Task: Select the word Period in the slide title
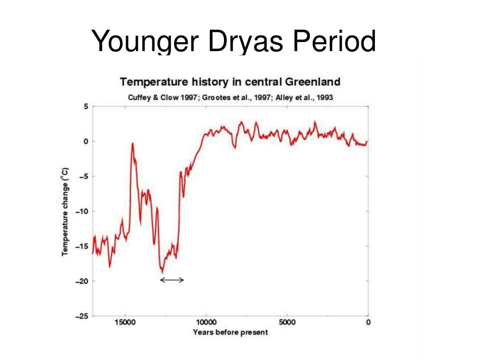point(334,41)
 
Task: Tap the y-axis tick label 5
point(86,106)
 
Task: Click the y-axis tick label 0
point(86,141)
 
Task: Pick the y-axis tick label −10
point(82,211)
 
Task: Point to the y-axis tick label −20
point(82,281)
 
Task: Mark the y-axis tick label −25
point(82,316)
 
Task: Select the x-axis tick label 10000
point(206,322)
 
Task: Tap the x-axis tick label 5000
point(287,322)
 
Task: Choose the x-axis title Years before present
point(230,332)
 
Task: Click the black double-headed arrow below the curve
point(172,280)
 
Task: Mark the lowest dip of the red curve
point(162,272)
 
